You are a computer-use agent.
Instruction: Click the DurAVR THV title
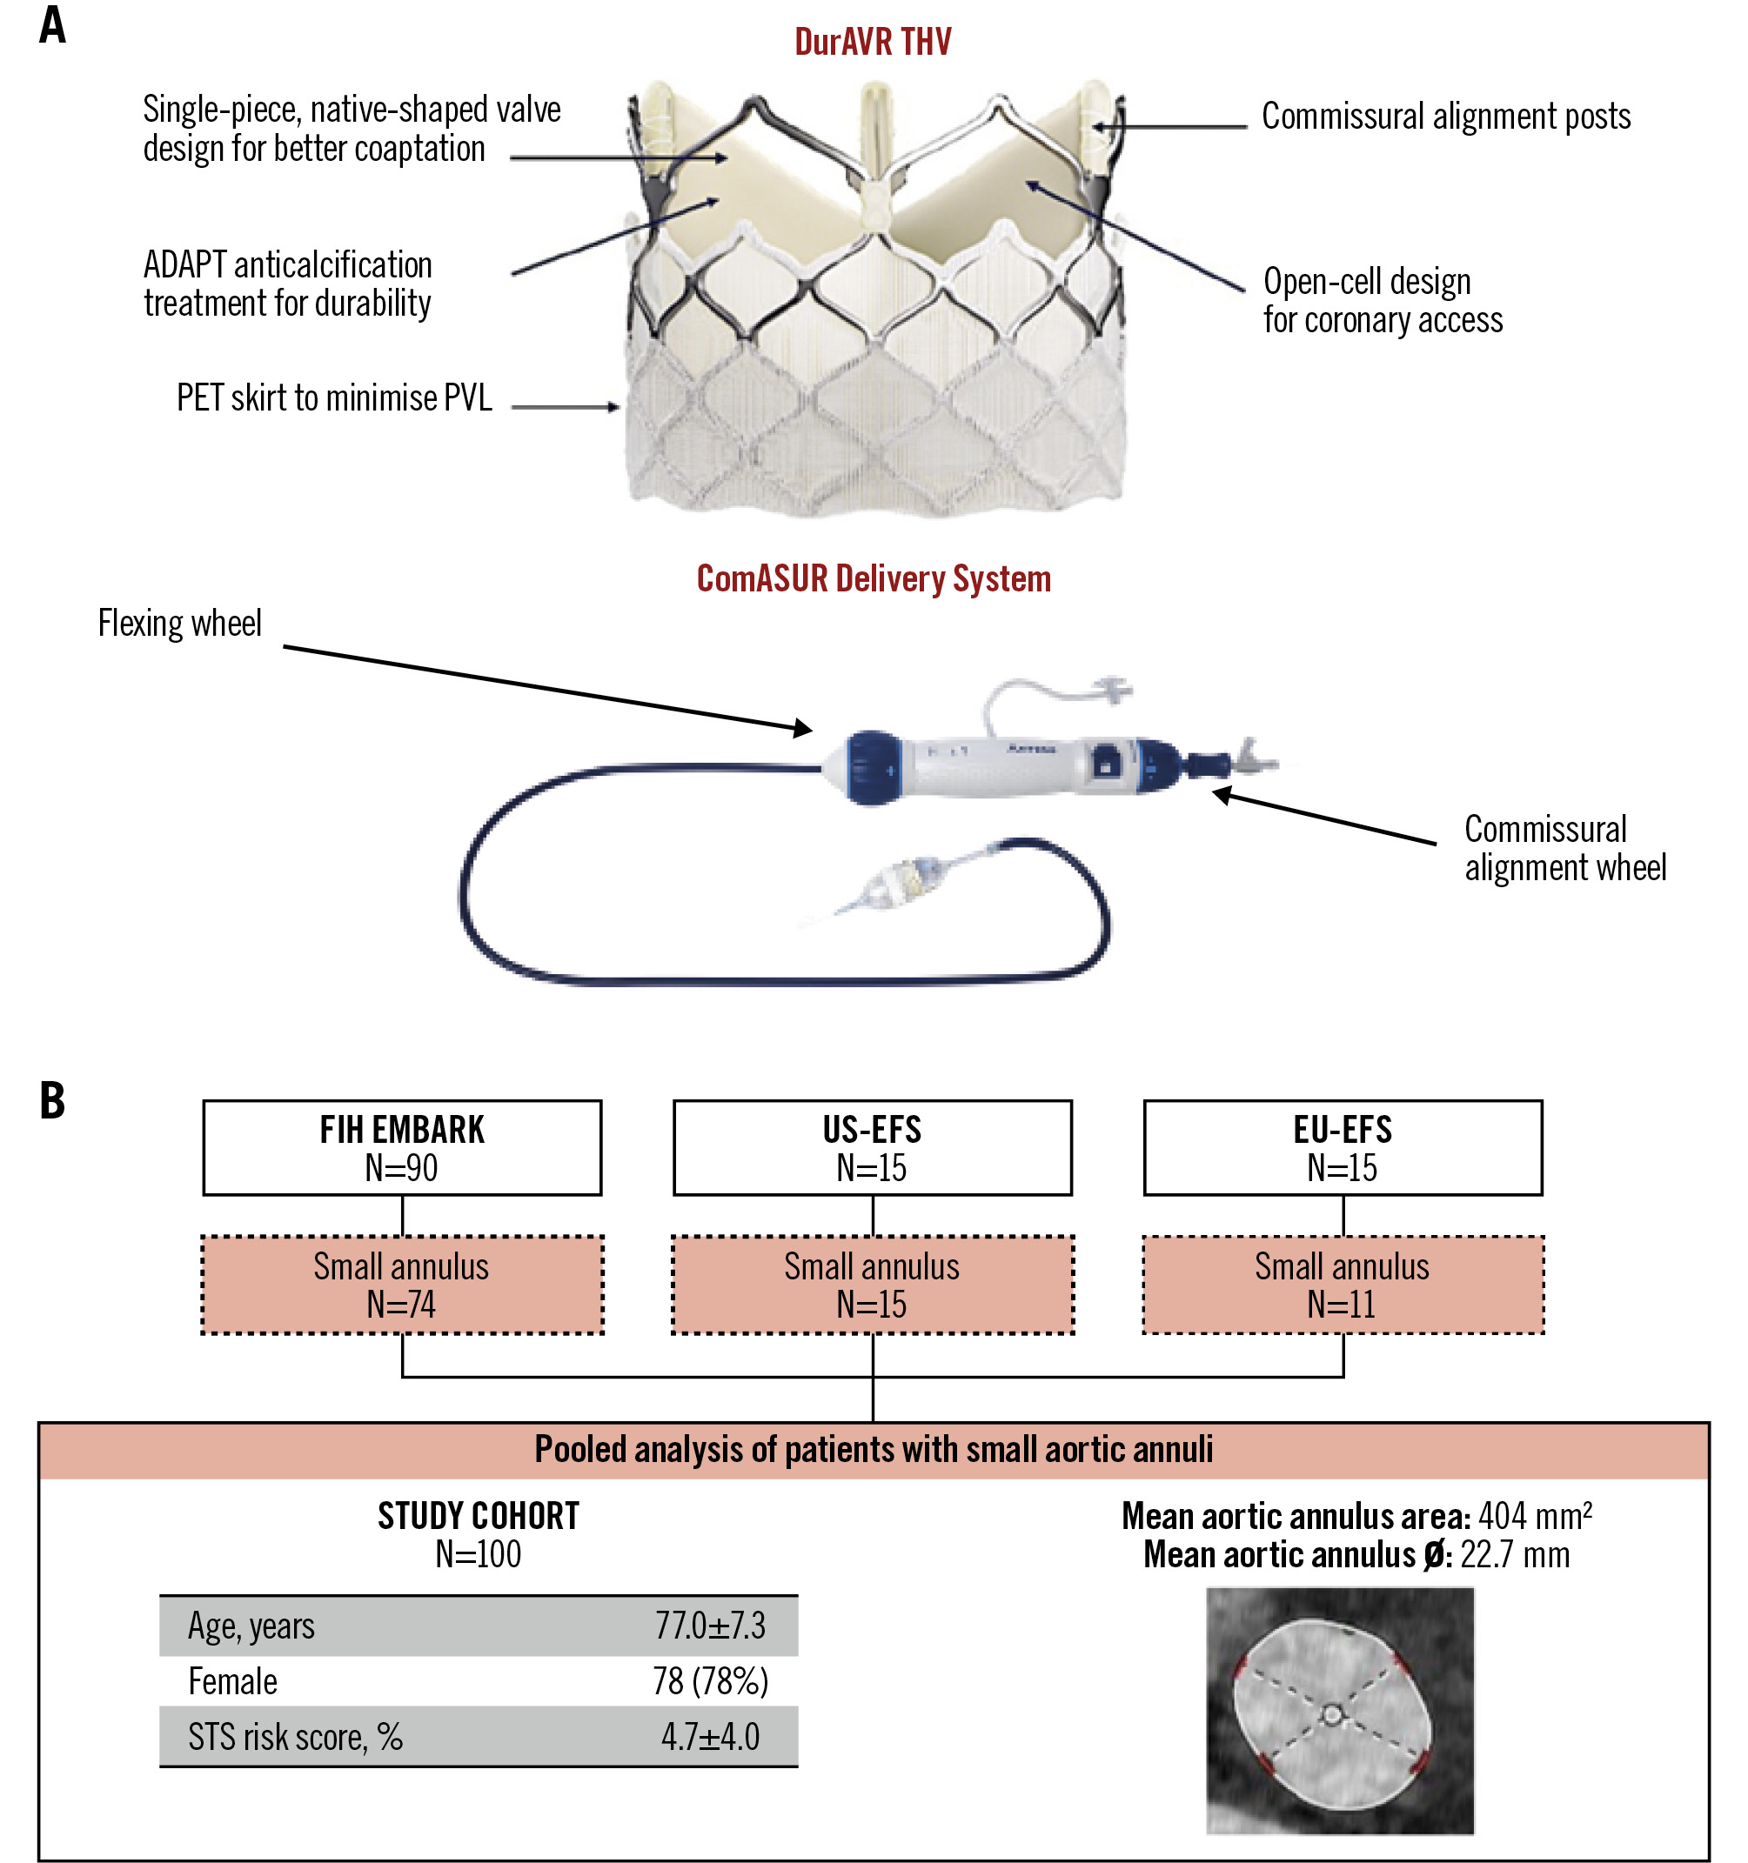click(x=873, y=42)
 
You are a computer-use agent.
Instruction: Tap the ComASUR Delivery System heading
click(x=874, y=579)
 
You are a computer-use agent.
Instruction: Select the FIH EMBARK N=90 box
click(x=402, y=1148)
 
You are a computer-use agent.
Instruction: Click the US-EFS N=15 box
click(x=873, y=1148)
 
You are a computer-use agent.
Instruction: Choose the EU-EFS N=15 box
click(x=1343, y=1148)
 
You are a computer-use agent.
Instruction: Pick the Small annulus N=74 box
click(x=402, y=1285)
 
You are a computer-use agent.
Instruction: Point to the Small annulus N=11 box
click(x=1343, y=1285)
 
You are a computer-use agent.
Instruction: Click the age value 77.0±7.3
click(x=709, y=1626)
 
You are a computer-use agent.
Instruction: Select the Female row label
click(x=232, y=1682)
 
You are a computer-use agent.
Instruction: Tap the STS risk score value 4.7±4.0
click(x=709, y=1738)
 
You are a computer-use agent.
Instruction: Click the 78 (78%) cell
click(x=709, y=1682)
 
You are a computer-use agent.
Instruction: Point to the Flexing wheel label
click(x=180, y=624)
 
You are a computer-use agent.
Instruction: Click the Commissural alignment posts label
click(x=1445, y=117)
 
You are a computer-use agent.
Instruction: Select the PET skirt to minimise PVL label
click(x=333, y=398)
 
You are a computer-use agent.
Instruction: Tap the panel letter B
click(x=52, y=1100)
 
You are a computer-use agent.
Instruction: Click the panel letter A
click(x=52, y=25)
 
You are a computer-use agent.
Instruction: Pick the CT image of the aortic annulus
click(x=1339, y=1710)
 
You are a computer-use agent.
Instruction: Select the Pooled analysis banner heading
click(x=874, y=1450)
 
